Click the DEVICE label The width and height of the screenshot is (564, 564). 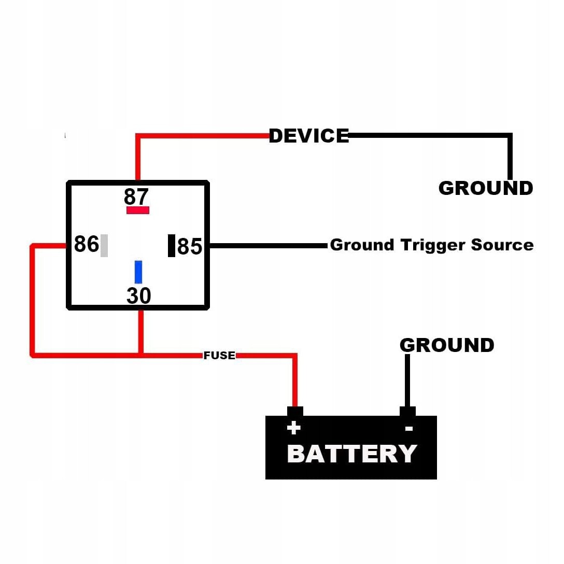309,136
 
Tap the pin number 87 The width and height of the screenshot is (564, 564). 136,197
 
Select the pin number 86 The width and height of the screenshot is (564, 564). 86,244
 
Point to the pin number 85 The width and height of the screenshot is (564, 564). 189,247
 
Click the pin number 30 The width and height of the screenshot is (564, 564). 138,296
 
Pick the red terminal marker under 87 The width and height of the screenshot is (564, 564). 138,210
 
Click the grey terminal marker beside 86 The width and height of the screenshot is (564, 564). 104,246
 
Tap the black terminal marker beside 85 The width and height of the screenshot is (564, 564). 172,246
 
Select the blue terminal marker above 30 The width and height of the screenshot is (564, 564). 138,272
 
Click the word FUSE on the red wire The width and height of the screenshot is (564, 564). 219,356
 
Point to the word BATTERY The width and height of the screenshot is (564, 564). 351,454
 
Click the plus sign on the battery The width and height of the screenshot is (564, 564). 294,428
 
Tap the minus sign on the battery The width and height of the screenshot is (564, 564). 408,429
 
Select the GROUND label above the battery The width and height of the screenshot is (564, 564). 447,345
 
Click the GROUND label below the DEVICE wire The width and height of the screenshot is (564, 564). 486,188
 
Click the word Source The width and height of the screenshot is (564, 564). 502,245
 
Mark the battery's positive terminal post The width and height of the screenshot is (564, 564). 295,412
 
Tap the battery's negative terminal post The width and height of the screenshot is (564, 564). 407,412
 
